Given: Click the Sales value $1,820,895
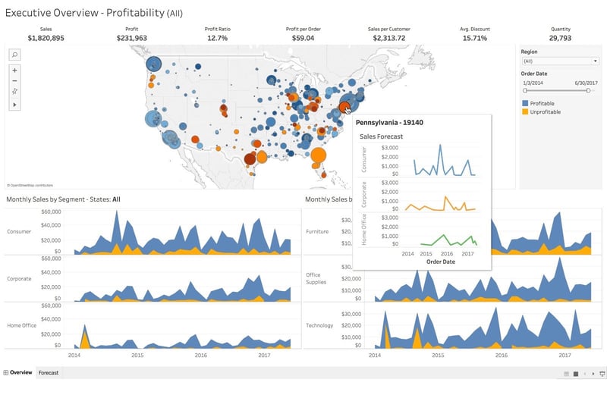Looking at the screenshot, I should [x=46, y=38].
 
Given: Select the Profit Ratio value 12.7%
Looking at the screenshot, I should [x=217, y=38].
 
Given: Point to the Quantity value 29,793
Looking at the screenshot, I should [x=560, y=38].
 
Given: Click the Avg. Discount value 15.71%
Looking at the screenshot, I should [x=475, y=38].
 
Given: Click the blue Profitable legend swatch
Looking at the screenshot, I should [x=525, y=103].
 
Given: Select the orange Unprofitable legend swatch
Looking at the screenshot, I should [x=525, y=112].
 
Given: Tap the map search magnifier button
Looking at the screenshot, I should [x=15, y=55].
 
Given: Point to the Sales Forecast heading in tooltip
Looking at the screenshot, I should [x=381, y=136].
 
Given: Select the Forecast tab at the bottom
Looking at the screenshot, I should [x=49, y=373].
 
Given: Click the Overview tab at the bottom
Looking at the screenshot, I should [x=20, y=373].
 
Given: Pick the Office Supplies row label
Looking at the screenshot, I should [x=316, y=278].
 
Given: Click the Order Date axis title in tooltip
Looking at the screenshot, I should [x=441, y=262].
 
